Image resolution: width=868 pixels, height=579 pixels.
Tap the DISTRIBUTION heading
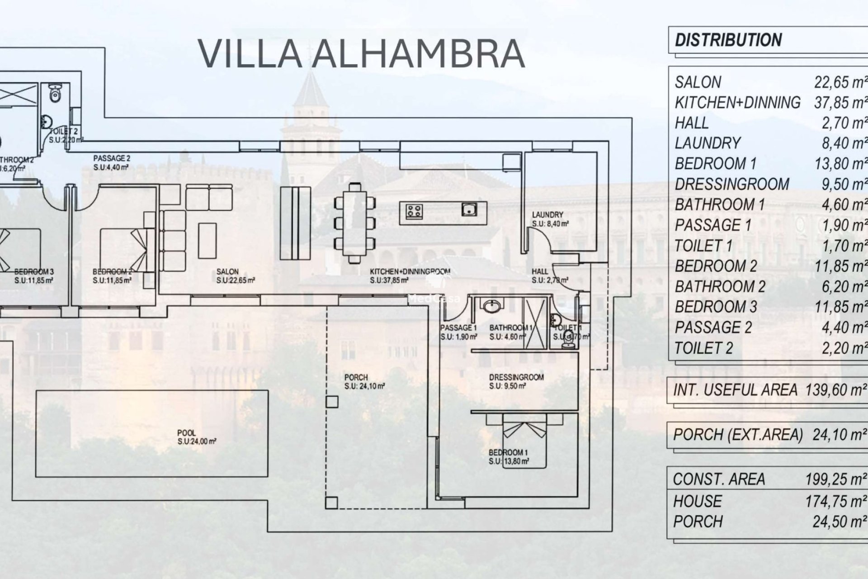click(x=728, y=40)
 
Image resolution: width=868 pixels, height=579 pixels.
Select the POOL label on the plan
click(x=187, y=433)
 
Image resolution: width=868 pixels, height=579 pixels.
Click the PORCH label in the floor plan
click(x=356, y=377)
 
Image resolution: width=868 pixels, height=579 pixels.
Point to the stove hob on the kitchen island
click(x=414, y=211)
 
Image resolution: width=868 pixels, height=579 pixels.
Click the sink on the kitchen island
click(x=469, y=209)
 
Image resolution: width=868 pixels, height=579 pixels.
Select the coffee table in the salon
click(x=207, y=240)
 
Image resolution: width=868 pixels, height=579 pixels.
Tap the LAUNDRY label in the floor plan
click(x=547, y=215)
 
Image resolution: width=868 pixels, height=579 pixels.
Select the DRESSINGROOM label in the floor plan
click(x=516, y=377)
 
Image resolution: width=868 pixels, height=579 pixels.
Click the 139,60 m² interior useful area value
click(x=836, y=390)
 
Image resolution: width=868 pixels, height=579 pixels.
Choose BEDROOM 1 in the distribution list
click(x=715, y=164)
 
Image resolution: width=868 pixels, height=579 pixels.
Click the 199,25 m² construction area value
click(x=836, y=479)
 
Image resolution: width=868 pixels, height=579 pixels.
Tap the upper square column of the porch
click(x=332, y=402)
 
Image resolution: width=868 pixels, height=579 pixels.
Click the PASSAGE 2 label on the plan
click(x=112, y=158)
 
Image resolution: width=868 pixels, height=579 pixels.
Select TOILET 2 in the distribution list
click(x=703, y=348)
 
